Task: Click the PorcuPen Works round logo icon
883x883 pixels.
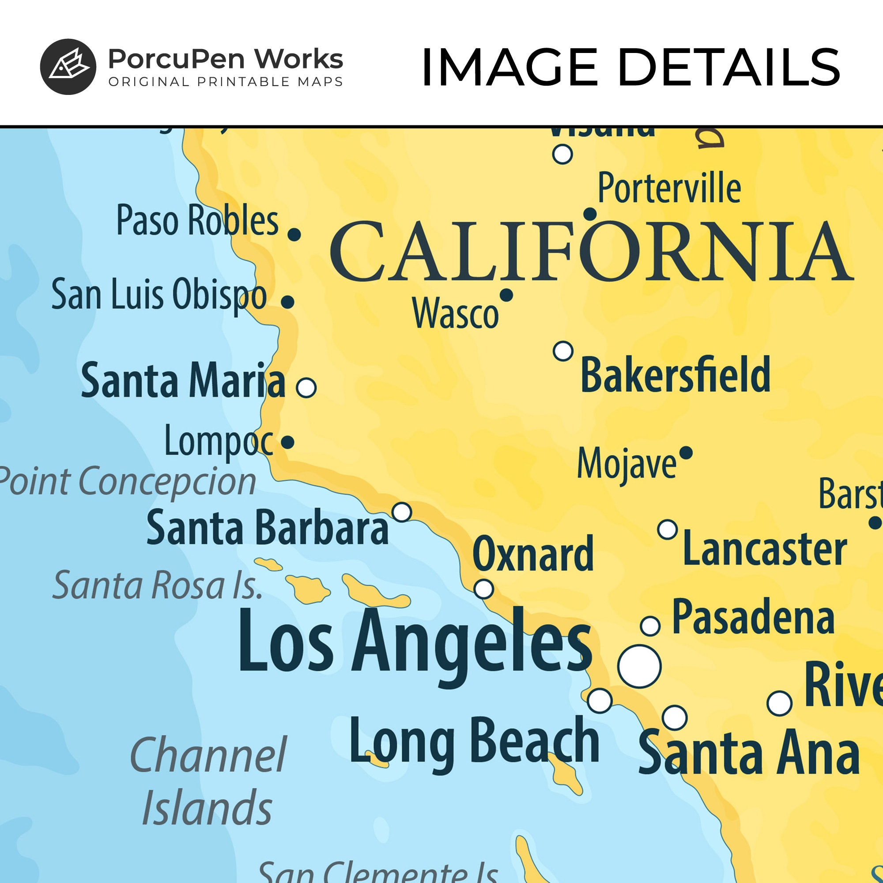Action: (68, 67)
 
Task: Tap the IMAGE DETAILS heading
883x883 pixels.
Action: (630, 68)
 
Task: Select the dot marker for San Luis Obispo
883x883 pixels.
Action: (287, 302)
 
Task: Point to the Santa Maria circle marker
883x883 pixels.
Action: (306, 388)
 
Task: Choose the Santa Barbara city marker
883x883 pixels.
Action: (402, 512)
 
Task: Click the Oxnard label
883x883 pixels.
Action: (533, 554)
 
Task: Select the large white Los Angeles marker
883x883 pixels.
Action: (639, 666)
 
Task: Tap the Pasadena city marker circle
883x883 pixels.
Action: (650, 626)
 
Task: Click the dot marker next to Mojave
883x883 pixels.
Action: (686, 453)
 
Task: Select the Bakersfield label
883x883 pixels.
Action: (675, 375)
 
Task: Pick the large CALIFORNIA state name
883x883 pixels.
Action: (591, 252)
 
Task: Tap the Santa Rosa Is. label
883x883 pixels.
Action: (158, 585)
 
